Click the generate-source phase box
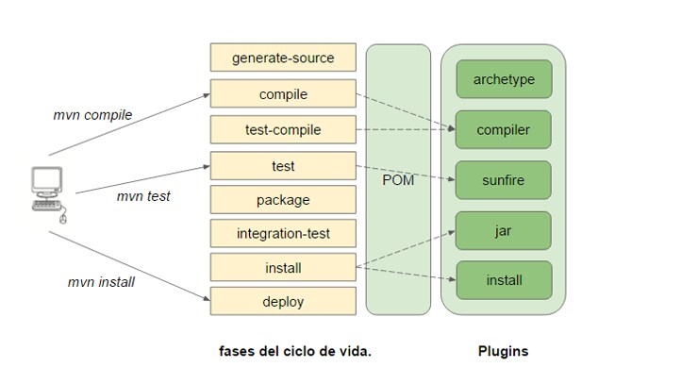(x=283, y=58)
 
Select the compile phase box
(x=283, y=94)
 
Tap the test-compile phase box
(x=283, y=130)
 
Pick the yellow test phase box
(x=283, y=166)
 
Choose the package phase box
(x=283, y=200)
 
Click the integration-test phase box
(x=283, y=233)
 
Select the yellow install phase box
(x=283, y=268)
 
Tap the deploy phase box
(x=283, y=302)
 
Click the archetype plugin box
(x=504, y=79)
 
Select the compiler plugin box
(x=504, y=129)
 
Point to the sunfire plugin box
(x=504, y=179)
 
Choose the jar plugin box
(x=504, y=230)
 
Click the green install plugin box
(x=504, y=280)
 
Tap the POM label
(x=398, y=180)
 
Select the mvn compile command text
(x=92, y=115)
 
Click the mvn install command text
(x=101, y=282)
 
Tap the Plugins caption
(x=503, y=351)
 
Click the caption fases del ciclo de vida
(x=295, y=351)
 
